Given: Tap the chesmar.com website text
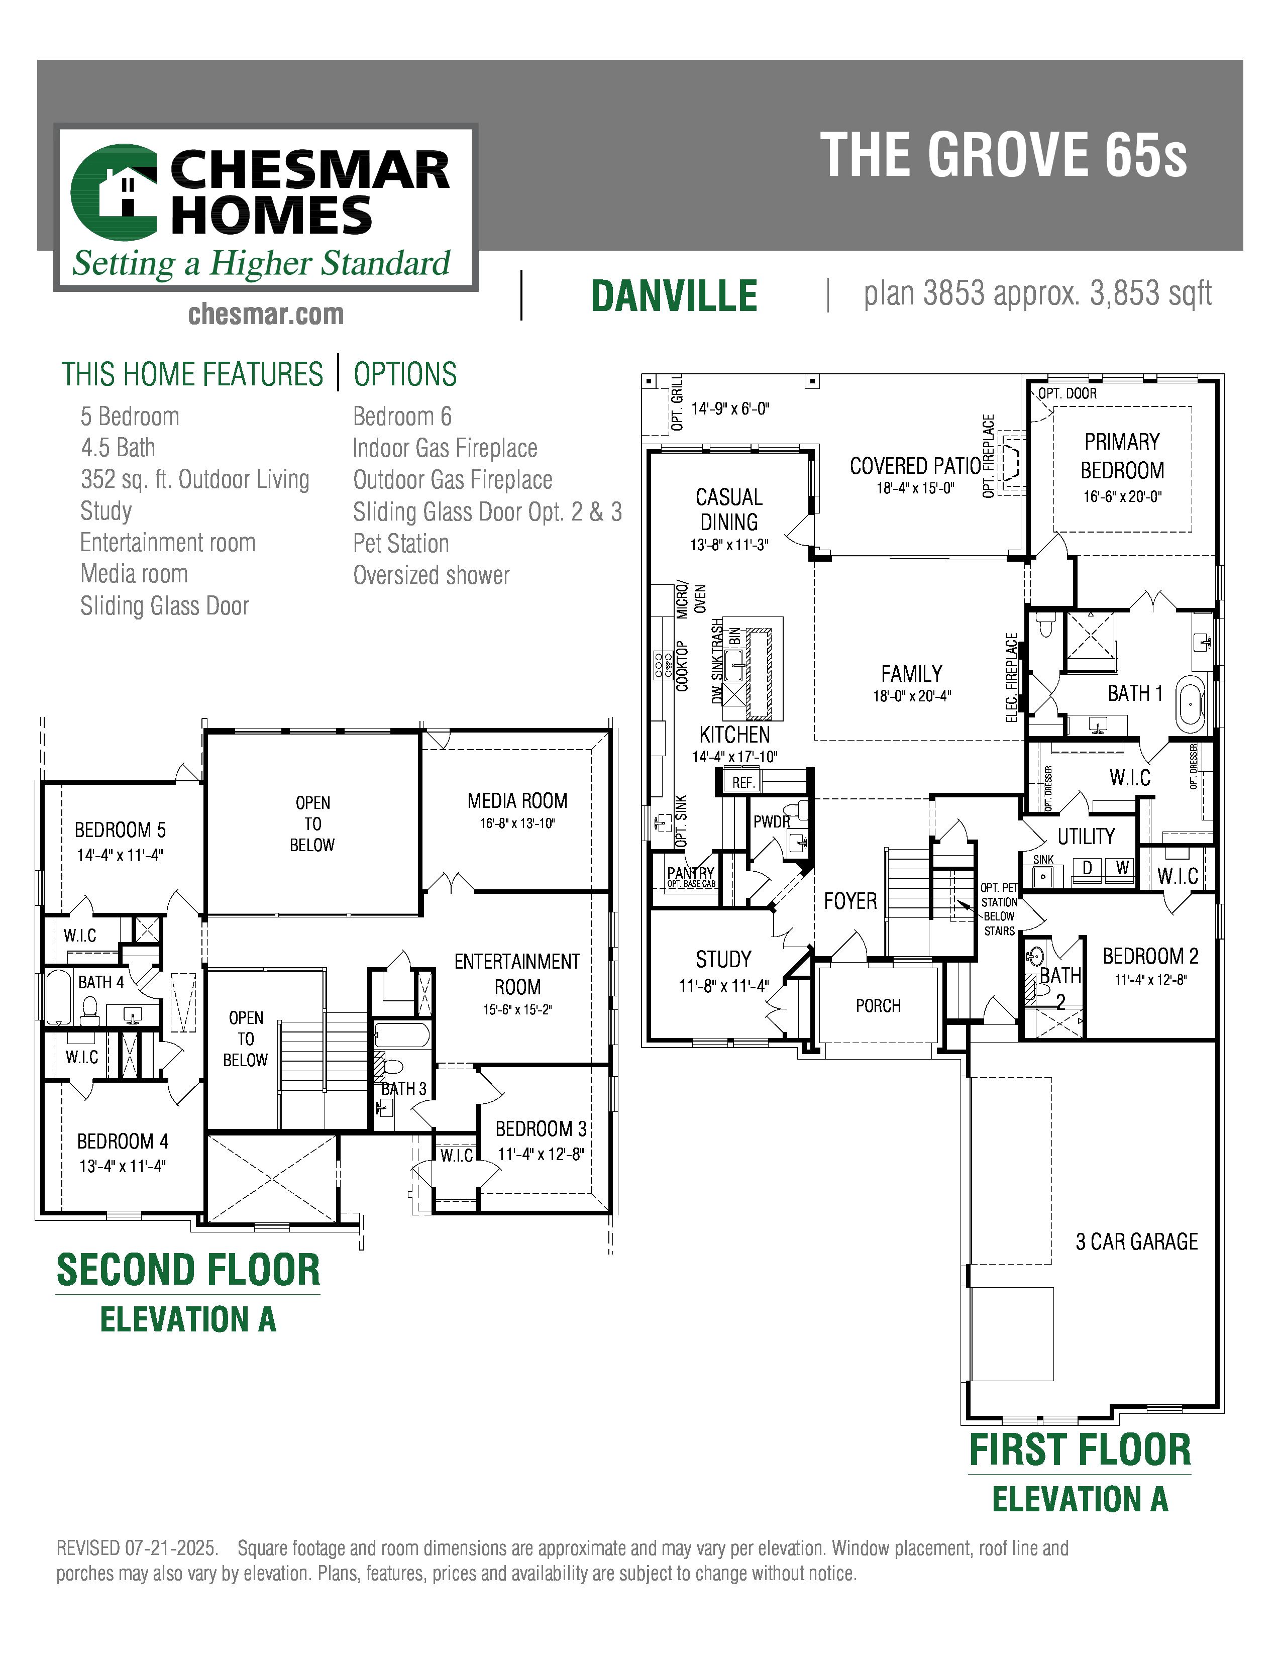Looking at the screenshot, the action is tap(266, 314).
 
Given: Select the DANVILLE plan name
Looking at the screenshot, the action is tap(674, 295).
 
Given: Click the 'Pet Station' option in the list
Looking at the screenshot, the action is tap(401, 544).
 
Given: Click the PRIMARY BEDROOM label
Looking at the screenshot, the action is tap(1122, 456).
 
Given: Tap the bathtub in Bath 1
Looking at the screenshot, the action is tap(1191, 704).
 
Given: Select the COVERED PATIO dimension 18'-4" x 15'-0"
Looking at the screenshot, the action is tap(915, 488).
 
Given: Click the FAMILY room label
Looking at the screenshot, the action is tap(911, 673).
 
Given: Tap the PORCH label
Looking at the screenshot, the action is tap(878, 1005).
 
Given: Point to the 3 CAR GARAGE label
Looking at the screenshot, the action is tap(1136, 1241).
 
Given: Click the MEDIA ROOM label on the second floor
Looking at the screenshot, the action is tap(517, 801).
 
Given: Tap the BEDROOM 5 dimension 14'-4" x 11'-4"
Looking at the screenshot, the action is tap(120, 855).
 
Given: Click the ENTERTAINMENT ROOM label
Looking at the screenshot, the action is tap(517, 974).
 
